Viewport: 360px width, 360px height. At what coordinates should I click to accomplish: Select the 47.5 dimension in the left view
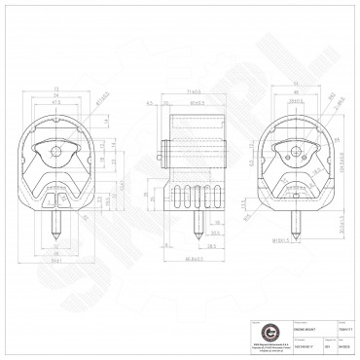pyautogui.click(x=55, y=101)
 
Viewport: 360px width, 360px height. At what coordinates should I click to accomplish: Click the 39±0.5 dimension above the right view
pyautogui.click(x=294, y=99)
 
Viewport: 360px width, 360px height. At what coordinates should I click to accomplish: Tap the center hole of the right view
pyautogui.click(x=293, y=150)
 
